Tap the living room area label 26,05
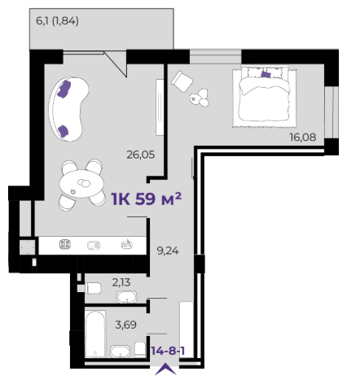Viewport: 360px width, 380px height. (x=141, y=155)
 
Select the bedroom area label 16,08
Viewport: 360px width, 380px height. (x=303, y=138)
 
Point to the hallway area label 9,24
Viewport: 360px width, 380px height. (x=168, y=251)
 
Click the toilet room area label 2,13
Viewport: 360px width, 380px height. (x=121, y=282)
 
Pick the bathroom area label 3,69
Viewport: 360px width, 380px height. (x=125, y=325)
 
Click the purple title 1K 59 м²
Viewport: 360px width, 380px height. (x=147, y=199)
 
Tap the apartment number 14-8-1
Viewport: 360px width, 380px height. (x=168, y=351)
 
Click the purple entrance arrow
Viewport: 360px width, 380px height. (x=165, y=370)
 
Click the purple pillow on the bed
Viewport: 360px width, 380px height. (x=266, y=74)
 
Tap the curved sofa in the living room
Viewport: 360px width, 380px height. (x=68, y=109)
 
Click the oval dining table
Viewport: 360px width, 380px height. (x=81, y=185)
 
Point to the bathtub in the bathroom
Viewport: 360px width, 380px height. (x=95, y=334)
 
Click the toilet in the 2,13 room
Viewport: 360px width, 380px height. (x=93, y=288)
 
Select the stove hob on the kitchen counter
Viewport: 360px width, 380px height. (x=65, y=244)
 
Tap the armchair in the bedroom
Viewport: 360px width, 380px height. (x=182, y=81)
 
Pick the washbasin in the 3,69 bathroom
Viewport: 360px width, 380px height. (x=120, y=352)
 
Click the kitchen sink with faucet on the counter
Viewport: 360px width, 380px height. (x=127, y=244)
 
